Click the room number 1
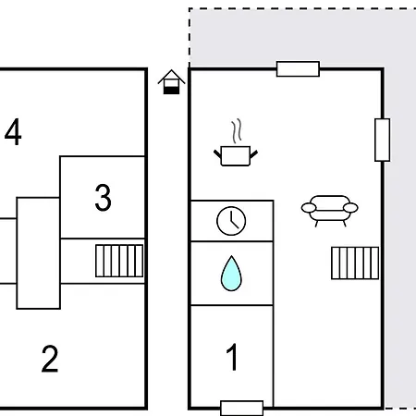(232, 357)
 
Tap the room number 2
(50, 359)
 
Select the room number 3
(103, 198)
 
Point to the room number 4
(13, 131)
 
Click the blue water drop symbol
(231, 274)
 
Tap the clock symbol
(231, 221)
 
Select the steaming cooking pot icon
(236, 142)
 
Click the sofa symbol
(329, 211)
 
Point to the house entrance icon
(171, 82)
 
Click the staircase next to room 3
(119, 261)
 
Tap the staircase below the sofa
(355, 263)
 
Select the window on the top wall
(298, 68)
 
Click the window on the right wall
(383, 140)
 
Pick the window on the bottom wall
(242, 409)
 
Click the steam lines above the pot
(237, 131)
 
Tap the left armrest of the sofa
(309, 208)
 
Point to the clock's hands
(234, 220)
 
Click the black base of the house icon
(171, 91)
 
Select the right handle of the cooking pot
(253, 154)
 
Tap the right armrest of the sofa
(350, 208)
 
